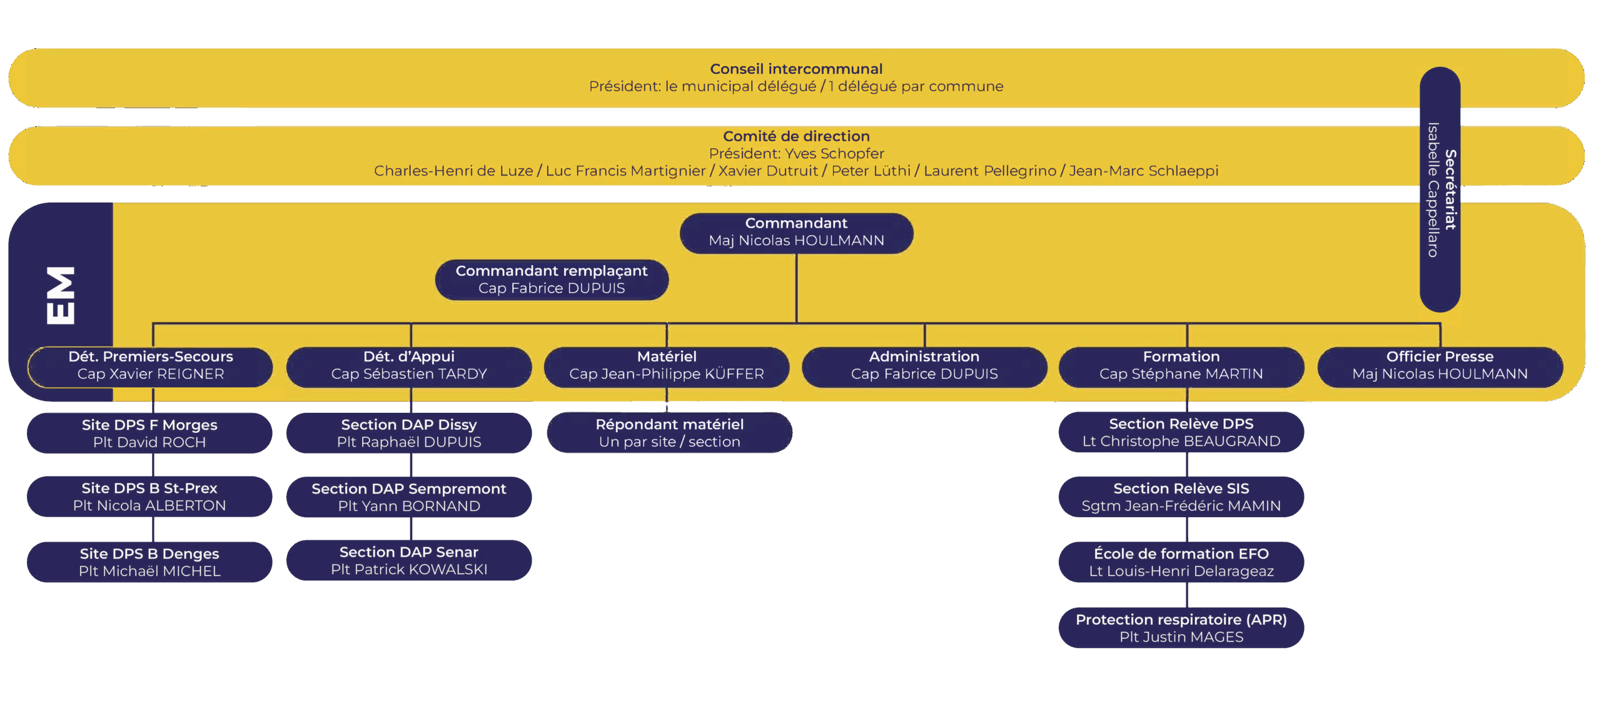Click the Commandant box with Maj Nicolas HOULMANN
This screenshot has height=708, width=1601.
pyautogui.click(x=796, y=233)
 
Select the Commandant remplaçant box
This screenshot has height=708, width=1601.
pyautogui.click(x=552, y=280)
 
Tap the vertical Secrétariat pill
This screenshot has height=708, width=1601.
pyautogui.click(x=1440, y=189)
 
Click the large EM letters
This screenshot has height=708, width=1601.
pyautogui.click(x=61, y=295)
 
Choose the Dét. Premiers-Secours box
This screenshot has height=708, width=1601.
pyautogui.click(x=150, y=366)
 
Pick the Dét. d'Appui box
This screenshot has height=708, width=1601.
pyautogui.click(x=409, y=366)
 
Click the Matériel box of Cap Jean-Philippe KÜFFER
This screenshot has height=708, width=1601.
pyautogui.click(x=667, y=366)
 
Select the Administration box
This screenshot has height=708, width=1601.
pyautogui.click(x=924, y=366)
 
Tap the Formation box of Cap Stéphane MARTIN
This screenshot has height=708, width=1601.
pyautogui.click(x=1181, y=366)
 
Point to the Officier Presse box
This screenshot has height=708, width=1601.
pyautogui.click(x=1440, y=366)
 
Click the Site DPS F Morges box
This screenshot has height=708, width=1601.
pyautogui.click(x=149, y=433)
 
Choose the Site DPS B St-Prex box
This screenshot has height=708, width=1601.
pyautogui.click(x=149, y=497)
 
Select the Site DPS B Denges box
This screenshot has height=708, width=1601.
pyautogui.click(x=149, y=562)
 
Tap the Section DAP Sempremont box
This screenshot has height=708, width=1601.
pyautogui.click(x=409, y=497)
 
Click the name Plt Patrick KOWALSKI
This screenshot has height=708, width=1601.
pyautogui.click(x=409, y=570)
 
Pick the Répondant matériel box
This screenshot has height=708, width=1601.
pyautogui.click(x=669, y=433)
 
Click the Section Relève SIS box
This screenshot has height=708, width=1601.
pyautogui.click(x=1181, y=497)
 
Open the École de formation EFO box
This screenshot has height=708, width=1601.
pyautogui.click(x=1181, y=562)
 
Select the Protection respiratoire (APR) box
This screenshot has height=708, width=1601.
pyautogui.click(x=1181, y=628)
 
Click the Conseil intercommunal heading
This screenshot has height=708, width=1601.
pyautogui.click(x=796, y=69)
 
